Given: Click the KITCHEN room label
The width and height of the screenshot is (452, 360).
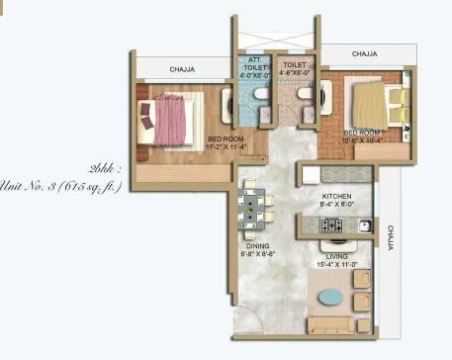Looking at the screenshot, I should tap(338, 198).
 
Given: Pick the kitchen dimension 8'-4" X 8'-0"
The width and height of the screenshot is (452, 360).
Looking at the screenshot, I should tap(338, 207).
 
